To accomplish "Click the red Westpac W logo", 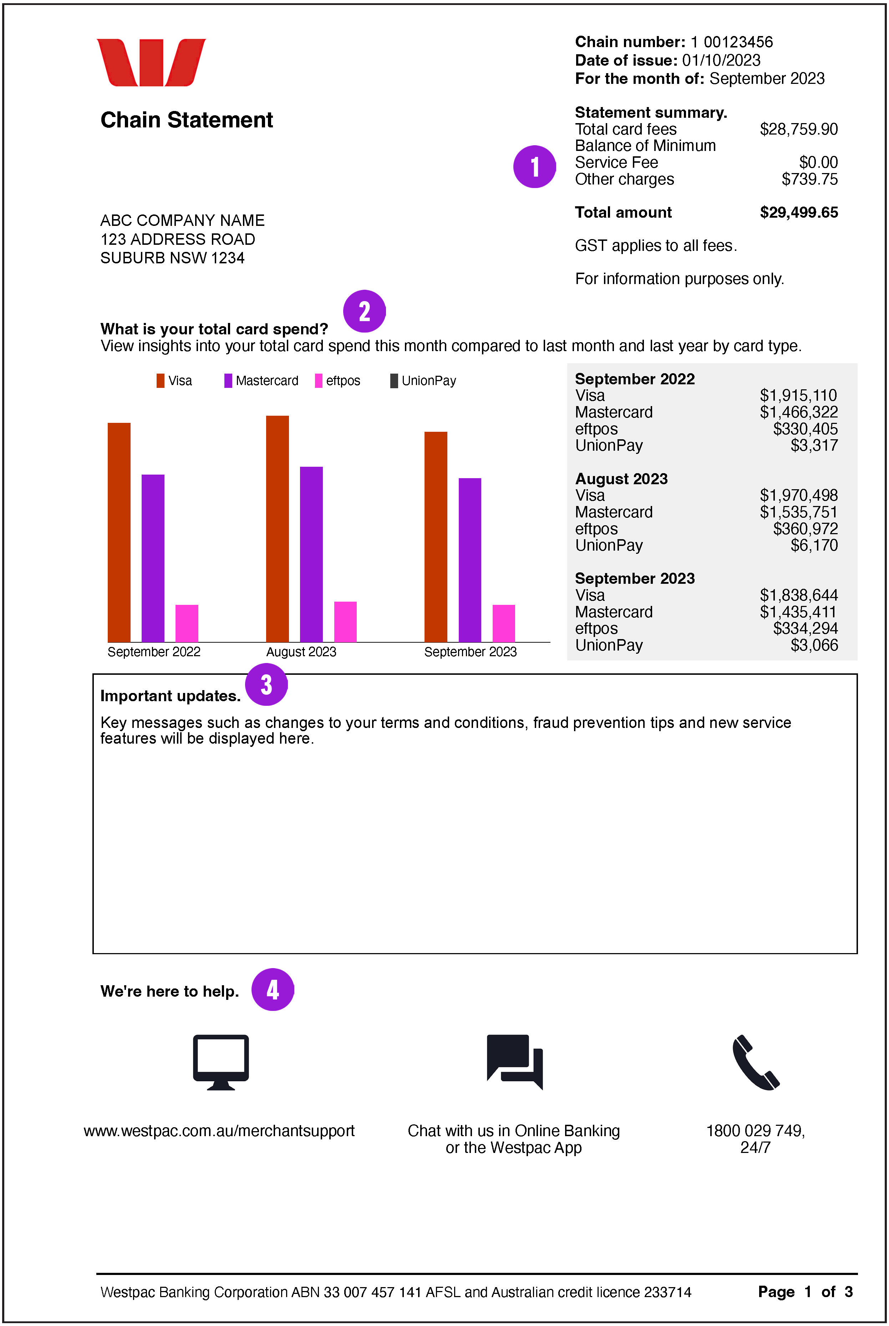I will (151, 62).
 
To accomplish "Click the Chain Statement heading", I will (187, 120).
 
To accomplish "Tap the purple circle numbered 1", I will (534, 167).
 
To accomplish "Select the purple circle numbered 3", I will (266, 684).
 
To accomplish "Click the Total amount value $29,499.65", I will (798, 213).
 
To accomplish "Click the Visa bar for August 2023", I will (277, 528).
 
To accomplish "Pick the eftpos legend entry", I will (338, 380).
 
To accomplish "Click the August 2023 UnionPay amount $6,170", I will (814, 546).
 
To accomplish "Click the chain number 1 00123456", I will (731, 42).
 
